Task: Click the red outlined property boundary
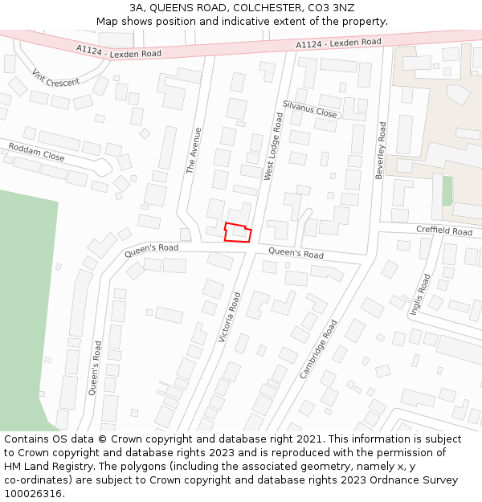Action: (237, 232)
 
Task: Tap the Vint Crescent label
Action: (56, 77)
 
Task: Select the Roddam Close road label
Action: (36, 152)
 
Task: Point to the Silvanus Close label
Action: (310, 109)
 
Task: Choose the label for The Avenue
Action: (194, 150)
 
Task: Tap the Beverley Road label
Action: (381, 150)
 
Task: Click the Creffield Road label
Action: (444, 231)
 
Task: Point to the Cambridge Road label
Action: (318, 349)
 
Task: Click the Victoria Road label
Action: (230, 317)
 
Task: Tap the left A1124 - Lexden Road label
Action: (119, 51)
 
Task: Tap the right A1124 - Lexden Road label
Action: (338, 43)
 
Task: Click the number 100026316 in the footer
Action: (34, 493)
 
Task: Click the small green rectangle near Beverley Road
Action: (447, 190)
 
